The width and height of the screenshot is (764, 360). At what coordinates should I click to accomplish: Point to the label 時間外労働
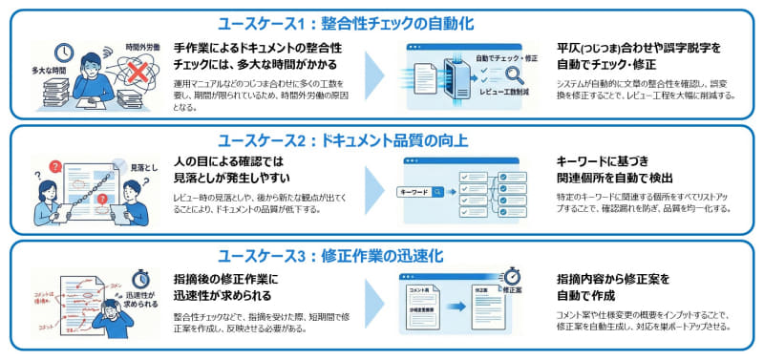pyautogui.click(x=144, y=46)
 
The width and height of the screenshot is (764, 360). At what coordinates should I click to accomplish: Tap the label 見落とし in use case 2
pyautogui.click(x=143, y=167)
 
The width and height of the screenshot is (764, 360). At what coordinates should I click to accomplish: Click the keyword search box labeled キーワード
pyautogui.click(x=421, y=192)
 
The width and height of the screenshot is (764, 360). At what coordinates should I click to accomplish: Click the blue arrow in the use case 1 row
pyautogui.click(x=375, y=76)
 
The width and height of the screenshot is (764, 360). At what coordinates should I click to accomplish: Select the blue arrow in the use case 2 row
pyautogui.click(x=375, y=191)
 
